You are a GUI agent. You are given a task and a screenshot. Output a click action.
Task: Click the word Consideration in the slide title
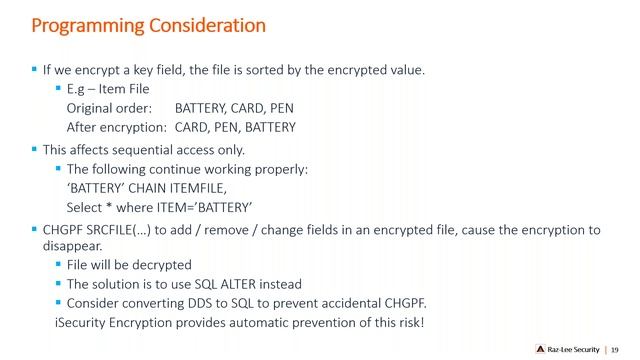coord(208,23)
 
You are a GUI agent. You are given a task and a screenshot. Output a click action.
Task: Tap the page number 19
coord(615,349)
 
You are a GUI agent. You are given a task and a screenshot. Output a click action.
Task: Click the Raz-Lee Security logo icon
coord(539,349)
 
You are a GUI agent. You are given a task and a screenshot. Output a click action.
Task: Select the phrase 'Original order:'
coord(108,108)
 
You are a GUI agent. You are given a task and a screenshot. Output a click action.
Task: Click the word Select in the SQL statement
coord(85,207)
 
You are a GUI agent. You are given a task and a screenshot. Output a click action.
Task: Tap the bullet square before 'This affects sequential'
coord(34,149)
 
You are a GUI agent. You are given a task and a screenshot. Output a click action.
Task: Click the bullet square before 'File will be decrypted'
coord(59,265)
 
